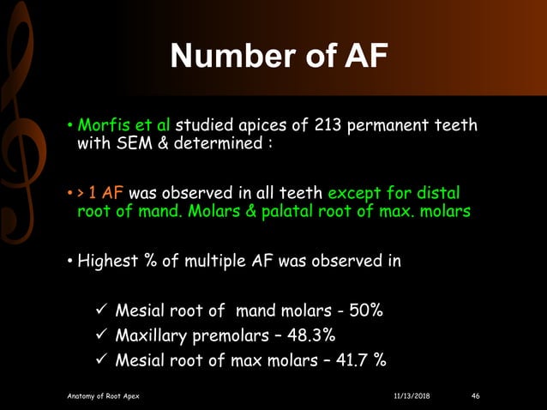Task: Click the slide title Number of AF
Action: pos(279,57)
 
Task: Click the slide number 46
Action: pos(477,395)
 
